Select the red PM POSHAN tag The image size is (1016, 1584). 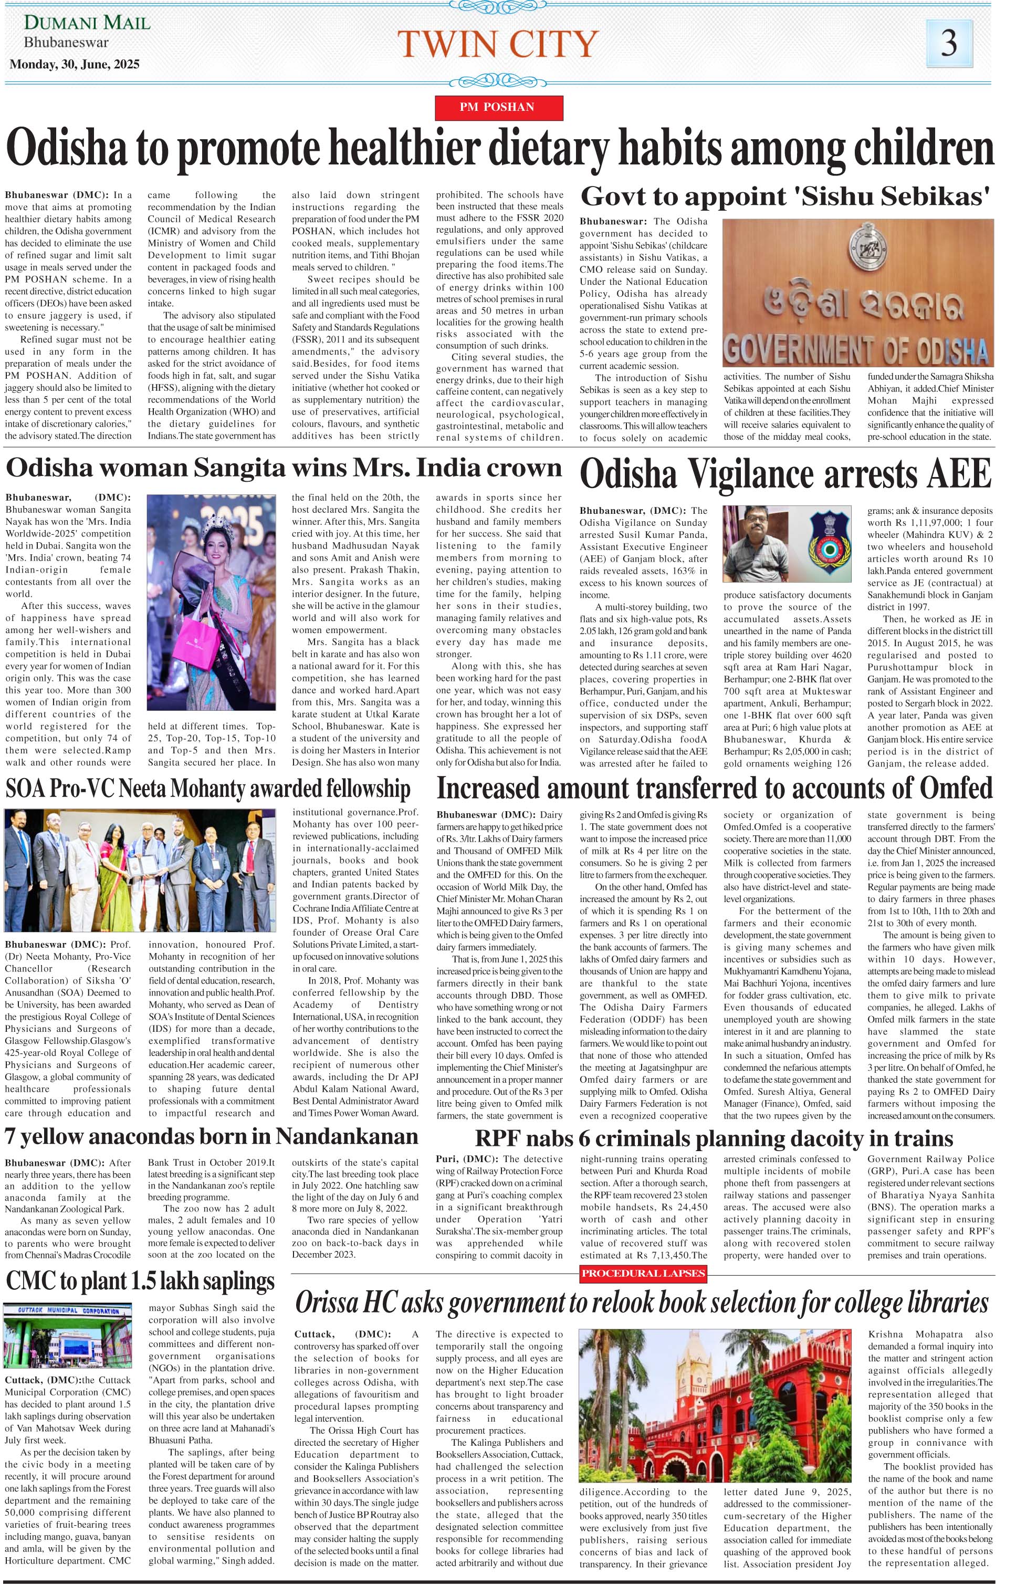498,107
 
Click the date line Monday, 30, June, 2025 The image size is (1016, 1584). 75,64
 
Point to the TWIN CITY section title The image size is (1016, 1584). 498,44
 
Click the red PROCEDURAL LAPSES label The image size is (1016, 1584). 644,1273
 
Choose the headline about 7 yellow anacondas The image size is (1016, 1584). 211,1136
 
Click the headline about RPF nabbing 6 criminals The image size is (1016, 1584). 714,1138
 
